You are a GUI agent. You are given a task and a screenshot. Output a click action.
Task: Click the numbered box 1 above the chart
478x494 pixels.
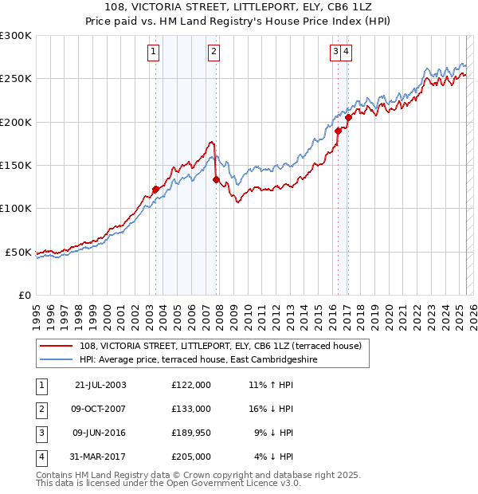[x=152, y=53]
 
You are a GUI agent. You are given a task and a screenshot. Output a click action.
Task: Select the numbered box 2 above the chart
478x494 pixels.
[x=214, y=53]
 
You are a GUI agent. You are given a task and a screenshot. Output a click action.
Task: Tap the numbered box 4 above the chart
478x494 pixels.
[x=348, y=53]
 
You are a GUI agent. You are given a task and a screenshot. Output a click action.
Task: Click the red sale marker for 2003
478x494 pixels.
[x=156, y=190]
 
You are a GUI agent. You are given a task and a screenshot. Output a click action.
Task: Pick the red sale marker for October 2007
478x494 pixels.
[x=216, y=180]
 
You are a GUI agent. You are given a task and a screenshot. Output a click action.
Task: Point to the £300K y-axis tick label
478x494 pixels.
[x=16, y=36]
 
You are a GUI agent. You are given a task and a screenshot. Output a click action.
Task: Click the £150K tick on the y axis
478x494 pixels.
[x=16, y=166]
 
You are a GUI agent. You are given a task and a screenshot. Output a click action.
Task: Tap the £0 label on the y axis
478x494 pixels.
[x=24, y=296]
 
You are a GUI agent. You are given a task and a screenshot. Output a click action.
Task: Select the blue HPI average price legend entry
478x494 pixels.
[x=198, y=360]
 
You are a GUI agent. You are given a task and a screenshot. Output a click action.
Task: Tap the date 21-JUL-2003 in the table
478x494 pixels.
[x=100, y=385]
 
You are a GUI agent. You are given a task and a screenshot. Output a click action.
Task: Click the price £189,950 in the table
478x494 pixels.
[x=191, y=433]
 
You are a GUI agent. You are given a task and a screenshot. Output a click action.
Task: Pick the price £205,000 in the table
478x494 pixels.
[x=191, y=457]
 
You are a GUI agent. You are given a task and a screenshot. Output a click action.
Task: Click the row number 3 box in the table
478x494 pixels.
[x=41, y=433]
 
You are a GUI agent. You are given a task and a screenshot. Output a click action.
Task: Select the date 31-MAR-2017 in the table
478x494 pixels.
[x=100, y=457]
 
